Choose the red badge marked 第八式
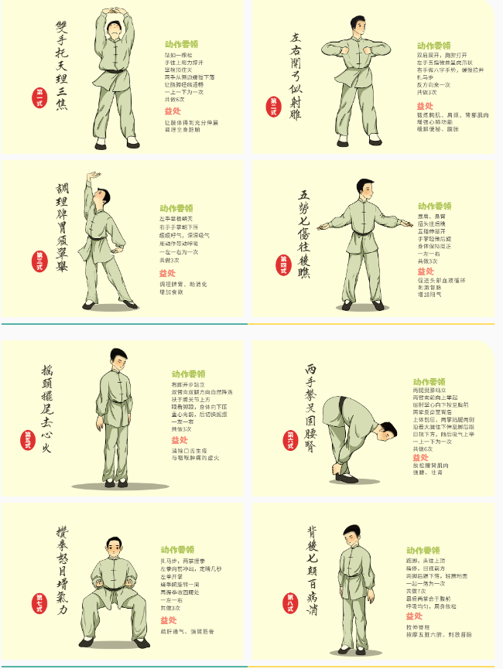tap(290, 602)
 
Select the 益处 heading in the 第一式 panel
tap(173, 111)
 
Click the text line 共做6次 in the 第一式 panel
tap(174, 99)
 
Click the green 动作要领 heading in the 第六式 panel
tap(429, 381)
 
